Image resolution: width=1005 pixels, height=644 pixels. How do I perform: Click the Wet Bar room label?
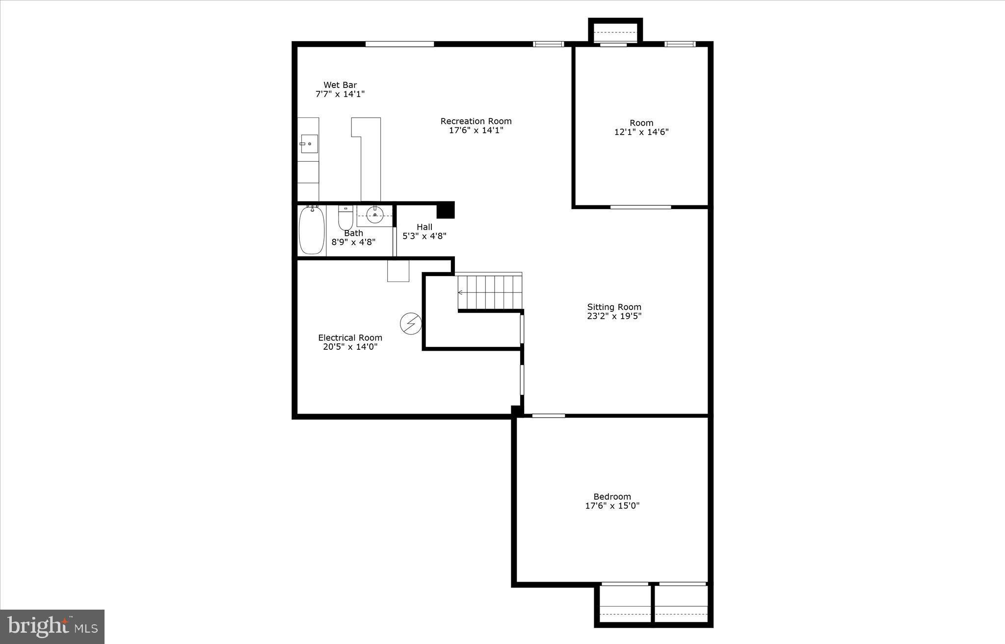(340, 85)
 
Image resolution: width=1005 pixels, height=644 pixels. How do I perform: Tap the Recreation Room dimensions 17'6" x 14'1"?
(476, 131)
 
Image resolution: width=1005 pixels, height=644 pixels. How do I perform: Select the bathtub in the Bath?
(312, 230)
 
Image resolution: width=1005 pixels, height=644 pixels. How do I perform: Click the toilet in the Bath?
(345, 219)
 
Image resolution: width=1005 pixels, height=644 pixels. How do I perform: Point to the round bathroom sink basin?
(375, 215)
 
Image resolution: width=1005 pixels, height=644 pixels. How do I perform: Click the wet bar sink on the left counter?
(309, 144)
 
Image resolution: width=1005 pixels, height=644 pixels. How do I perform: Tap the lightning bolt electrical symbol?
(411, 324)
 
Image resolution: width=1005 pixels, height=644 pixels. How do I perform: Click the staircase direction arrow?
(461, 293)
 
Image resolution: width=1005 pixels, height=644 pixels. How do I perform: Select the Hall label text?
(424, 227)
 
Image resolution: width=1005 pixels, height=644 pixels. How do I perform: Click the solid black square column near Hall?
(446, 210)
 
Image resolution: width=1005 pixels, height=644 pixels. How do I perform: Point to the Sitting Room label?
(614, 307)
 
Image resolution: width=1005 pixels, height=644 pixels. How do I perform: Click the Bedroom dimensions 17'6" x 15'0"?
(612, 506)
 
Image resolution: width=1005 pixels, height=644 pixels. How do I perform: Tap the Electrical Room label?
(350, 337)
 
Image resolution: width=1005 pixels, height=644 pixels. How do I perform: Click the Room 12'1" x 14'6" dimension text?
(641, 132)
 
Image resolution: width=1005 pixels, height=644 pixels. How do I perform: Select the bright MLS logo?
(53, 626)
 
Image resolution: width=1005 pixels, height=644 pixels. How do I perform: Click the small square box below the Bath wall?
(398, 271)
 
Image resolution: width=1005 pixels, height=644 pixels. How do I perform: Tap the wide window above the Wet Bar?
(399, 44)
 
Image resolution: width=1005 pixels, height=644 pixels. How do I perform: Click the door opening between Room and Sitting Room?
(640, 207)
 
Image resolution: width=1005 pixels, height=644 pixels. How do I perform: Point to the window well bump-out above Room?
(615, 32)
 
